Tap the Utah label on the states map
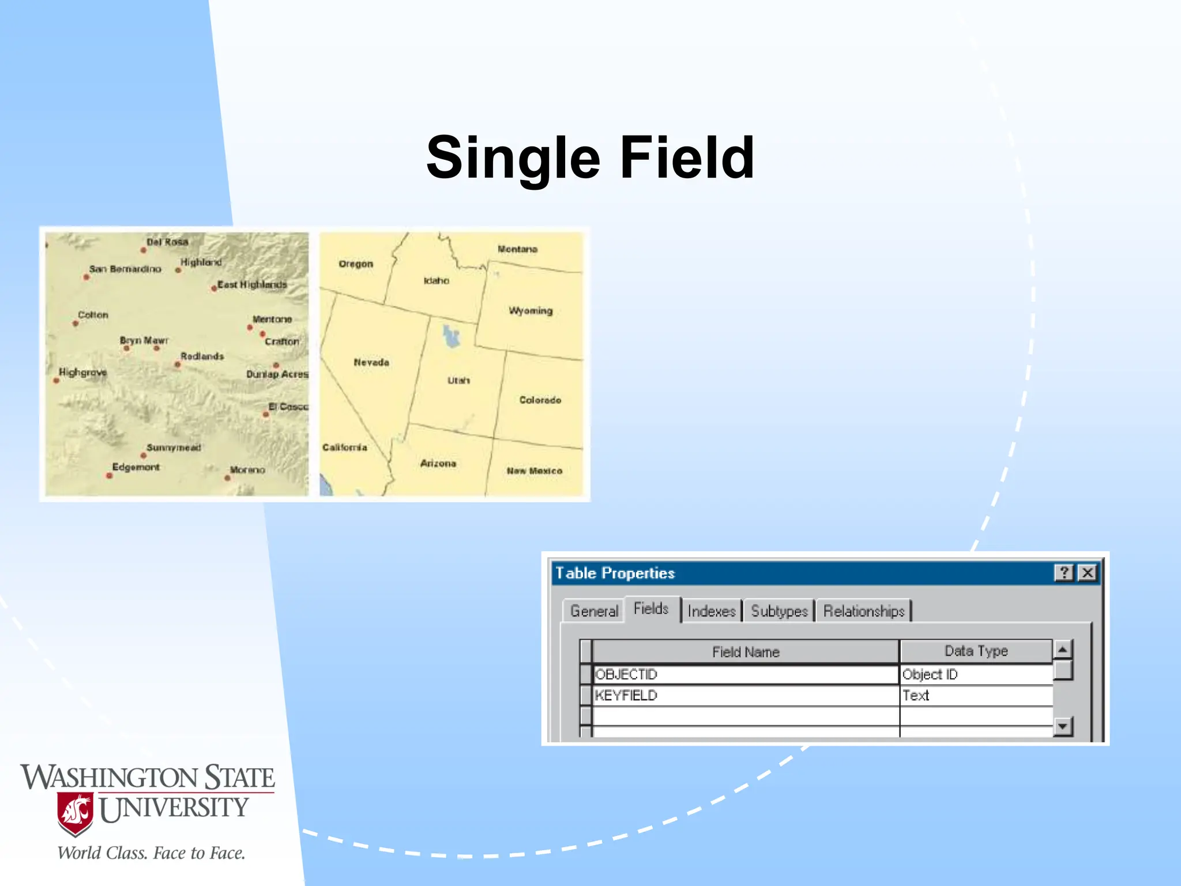pyautogui.click(x=458, y=381)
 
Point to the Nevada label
pyautogui.click(x=371, y=362)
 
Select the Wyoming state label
pyautogui.click(x=531, y=311)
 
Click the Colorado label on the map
pyautogui.click(x=540, y=400)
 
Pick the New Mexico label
pyautogui.click(x=534, y=471)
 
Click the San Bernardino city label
pyautogui.click(x=125, y=269)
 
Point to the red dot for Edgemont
pyautogui.click(x=109, y=476)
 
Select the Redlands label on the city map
pyautogui.click(x=202, y=356)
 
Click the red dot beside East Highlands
pyautogui.click(x=214, y=288)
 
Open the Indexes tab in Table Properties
pyautogui.click(x=712, y=611)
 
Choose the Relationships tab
pyautogui.click(x=863, y=611)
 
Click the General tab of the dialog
pyautogui.click(x=594, y=611)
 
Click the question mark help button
pyautogui.click(x=1064, y=573)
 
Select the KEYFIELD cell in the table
pyautogui.click(x=626, y=696)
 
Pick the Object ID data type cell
pyautogui.click(x=930, y=674)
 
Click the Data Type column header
pyautogui.click(x=976, y=651)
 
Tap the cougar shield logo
pyautogui.click(x=75, y=814)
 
